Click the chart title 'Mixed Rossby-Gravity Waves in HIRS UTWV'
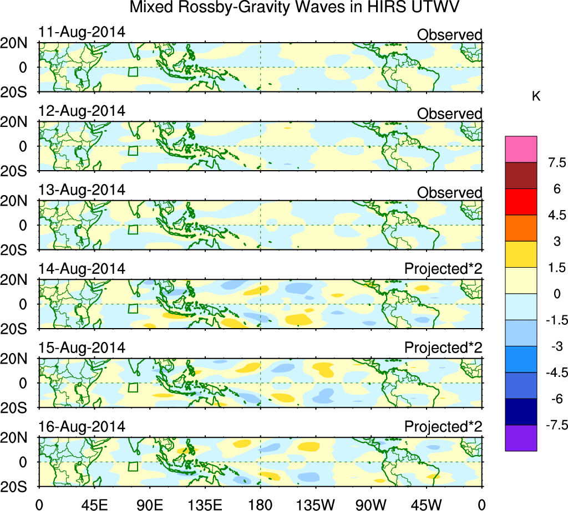295,8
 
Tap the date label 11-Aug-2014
82,32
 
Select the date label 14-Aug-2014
82,269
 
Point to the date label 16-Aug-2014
82,427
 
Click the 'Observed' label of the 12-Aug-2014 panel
449,114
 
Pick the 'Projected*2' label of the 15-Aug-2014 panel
443,348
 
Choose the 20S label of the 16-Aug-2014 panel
19,487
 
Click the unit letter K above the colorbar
536,96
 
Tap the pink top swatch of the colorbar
521,149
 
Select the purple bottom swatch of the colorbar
521,438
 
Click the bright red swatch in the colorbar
521,202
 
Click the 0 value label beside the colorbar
555,294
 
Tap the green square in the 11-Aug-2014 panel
133,71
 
